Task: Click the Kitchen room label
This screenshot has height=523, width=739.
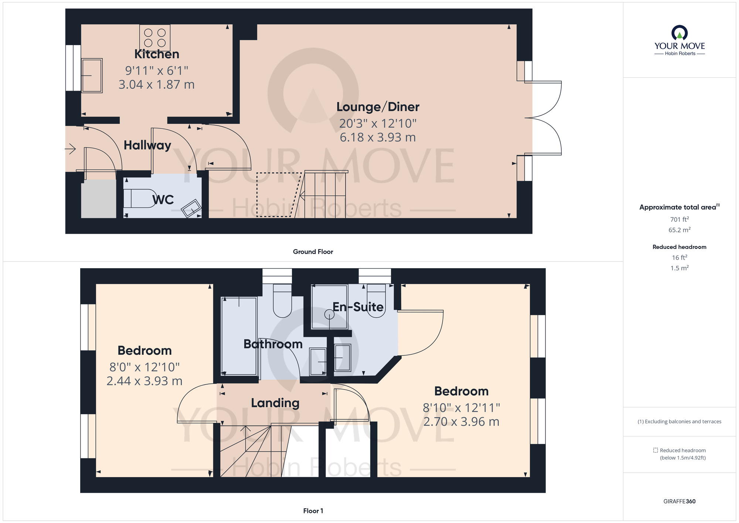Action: pos(157,54)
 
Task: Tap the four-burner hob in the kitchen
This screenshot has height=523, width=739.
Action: pos(155,38)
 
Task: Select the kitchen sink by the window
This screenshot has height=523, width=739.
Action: pos(92,75)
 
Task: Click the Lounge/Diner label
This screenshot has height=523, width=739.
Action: pos(378,107)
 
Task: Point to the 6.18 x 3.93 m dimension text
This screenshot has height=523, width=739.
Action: pos(378,137)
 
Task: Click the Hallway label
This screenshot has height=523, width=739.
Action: pos(147,145)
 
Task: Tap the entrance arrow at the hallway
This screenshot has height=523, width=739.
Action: pos(70,149)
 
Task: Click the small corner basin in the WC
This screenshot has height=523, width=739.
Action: pos(191,208)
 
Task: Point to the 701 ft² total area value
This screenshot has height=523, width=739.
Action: pos(679,219)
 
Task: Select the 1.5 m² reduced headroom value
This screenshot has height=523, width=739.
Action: pos(679,268)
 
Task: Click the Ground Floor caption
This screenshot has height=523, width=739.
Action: pos(313,252)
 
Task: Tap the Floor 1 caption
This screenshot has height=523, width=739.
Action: pos(313,511)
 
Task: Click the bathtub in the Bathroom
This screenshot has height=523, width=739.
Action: pos(239,336)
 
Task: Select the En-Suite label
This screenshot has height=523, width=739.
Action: pos(358,307)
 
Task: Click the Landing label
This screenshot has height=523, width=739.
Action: pos(275,403)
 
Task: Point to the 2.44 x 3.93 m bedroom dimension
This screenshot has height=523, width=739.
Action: pos(144,381)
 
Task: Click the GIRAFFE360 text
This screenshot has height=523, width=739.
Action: pos(679,502)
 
